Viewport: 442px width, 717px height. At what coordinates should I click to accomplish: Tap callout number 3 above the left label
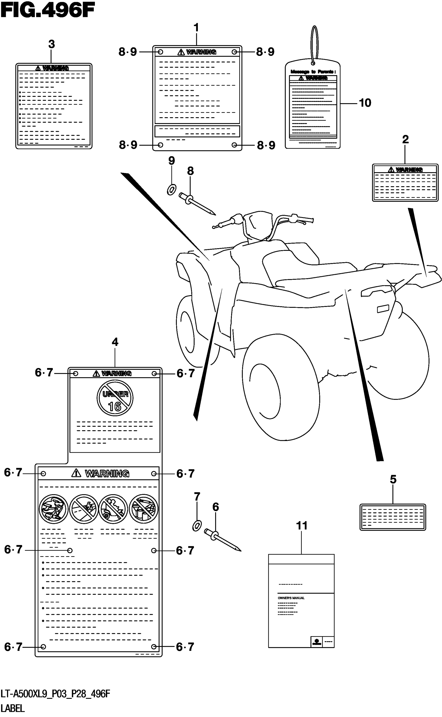click(51, 44)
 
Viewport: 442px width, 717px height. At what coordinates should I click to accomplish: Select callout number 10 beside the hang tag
click(365, 103)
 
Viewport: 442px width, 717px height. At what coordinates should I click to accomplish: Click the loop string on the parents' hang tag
click(314, 44)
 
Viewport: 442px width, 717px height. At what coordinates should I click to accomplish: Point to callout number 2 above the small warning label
click(405, 139)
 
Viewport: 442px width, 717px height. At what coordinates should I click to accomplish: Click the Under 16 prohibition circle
click(115, 398)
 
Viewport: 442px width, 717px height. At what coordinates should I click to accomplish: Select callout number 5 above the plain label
click(393, 479)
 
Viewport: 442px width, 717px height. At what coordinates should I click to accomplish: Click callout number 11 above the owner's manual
click(302, 526)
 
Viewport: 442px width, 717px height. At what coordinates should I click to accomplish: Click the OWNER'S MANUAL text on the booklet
click(291, 598)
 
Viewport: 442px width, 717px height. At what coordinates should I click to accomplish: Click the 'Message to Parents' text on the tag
click(313, 71)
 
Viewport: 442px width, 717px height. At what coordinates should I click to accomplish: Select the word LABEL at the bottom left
click(12, 708)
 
